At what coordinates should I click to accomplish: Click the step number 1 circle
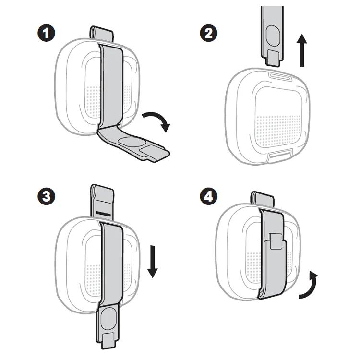point(46,33)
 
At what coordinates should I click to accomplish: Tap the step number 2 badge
point(209,33)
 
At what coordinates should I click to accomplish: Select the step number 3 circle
point(46,196)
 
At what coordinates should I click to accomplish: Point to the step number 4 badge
point(209,196)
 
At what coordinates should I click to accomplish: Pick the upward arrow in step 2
point(302,50)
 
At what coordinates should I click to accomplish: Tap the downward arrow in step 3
point(153,262)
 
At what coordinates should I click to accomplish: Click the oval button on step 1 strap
point(132,142)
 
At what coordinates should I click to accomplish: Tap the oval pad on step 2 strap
point(273,36)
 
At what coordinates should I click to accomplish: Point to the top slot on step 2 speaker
point(280,77)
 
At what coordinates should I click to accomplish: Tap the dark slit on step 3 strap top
point(104,213)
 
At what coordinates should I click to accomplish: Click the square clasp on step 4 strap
point(276,241)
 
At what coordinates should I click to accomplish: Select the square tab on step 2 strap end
point(273,58)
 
